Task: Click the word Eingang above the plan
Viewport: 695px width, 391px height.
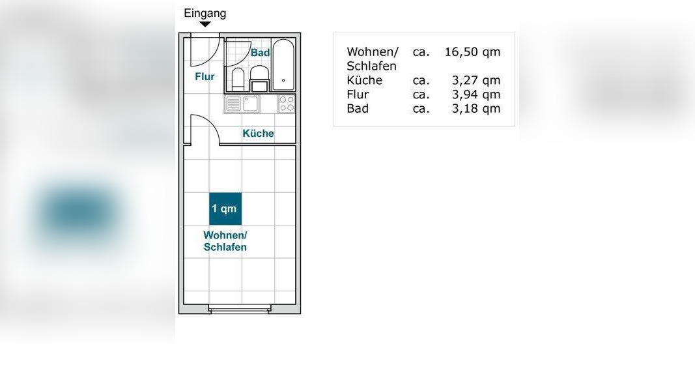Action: coord(205,13)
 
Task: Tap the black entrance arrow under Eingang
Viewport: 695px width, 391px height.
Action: coord(205,25)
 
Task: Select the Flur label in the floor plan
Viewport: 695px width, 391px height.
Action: coord(205,77)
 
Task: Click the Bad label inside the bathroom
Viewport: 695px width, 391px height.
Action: coord(260,53)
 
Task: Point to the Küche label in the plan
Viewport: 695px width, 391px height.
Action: coord(258,134)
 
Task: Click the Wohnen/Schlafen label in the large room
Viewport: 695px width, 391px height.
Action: coord(225,241)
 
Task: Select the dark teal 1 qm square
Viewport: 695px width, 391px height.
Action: coord(225,209)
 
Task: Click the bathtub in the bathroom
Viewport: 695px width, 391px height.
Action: coord(283,65)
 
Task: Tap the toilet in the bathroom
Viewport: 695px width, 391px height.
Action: coord(238,79)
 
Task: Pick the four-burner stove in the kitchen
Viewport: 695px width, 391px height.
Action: coord(287,104)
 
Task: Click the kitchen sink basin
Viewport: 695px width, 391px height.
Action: coord(251,104)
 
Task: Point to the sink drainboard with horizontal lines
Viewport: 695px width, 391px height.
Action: coord(233,104)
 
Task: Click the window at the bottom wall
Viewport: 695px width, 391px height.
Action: coord(240,310)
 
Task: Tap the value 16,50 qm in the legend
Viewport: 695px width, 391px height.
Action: coord(472,52)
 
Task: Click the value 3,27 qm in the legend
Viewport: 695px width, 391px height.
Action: coord(475,81)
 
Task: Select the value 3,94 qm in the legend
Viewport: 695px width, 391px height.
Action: coord(475,94)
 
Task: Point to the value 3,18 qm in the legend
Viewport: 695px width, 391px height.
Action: coord(475,109)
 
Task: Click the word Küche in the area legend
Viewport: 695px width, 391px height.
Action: coord(364,81)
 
